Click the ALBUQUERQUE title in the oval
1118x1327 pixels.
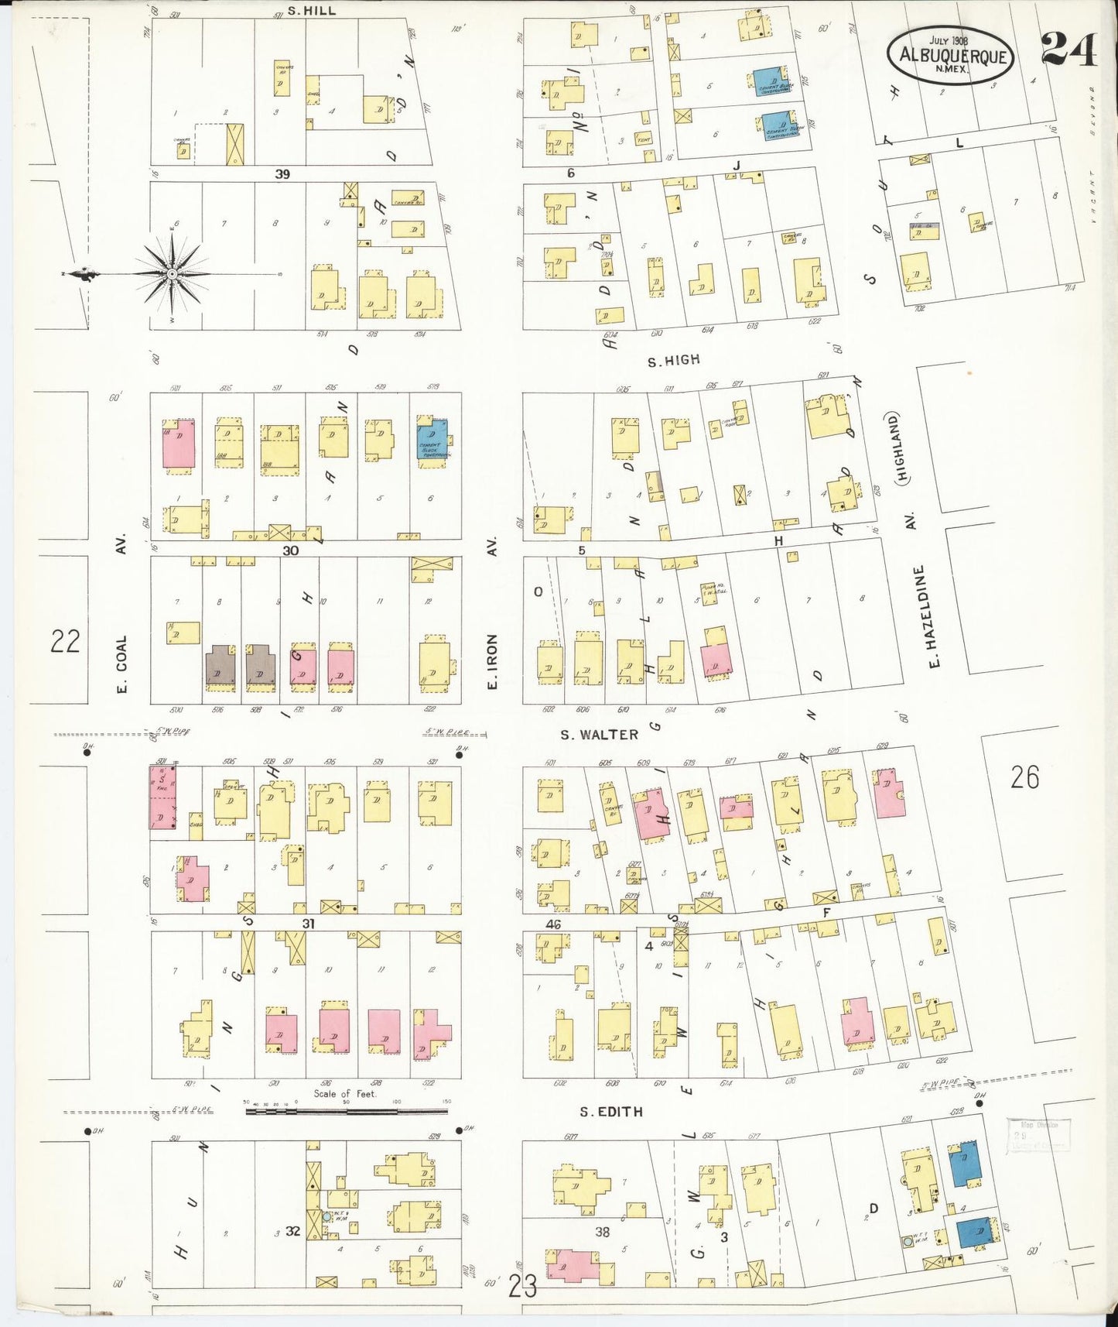click(952, 56)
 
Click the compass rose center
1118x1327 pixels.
click(172, 274)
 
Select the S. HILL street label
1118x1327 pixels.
click(311, 11)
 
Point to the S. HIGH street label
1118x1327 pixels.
click(673, 359)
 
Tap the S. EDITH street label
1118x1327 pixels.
click(611, 1111)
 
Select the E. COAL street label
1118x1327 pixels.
click(121, 664)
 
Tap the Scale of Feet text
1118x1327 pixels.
click(344, 1093)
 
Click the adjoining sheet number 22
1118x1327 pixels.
click(65, 641)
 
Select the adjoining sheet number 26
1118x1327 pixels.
click(1024, 777)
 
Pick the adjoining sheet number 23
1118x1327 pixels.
click(523, 1287)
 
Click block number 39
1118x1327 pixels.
click(282, 174)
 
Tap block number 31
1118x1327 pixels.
click(309, 924)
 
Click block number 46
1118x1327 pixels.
click(552, 924)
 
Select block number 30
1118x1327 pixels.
click(290, 550)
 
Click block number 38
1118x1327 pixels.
click(602, 1231)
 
